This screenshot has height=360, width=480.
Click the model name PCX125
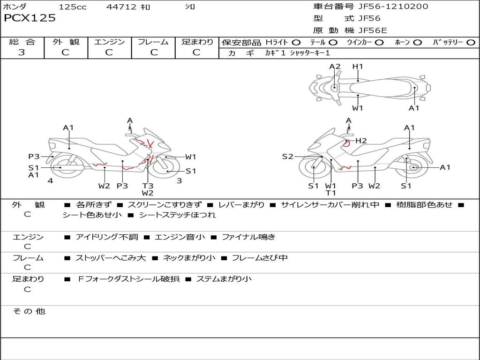pyautogui.click(x=30, y=18)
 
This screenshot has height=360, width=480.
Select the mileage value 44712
pyautogui.click(x=121, y=7)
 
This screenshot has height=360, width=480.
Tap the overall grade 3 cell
pyautogui.click(x=22, y=52)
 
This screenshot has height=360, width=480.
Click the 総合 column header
pyautogui.click(x=22, y=42)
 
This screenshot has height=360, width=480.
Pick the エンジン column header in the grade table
pyautogui.click(x=109, y=42)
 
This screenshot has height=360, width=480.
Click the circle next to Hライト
pyautogui.click(x=296, y=42)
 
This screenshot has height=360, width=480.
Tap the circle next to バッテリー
pyautogui.click(x=471, y=42)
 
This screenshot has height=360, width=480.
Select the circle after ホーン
pyautogui.click(x=418, y=42)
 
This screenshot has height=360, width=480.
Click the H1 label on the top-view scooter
pyautogui.click(x=358, y=67)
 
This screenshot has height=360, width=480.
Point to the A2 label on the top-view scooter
pyautogui.click(x=335, y=67)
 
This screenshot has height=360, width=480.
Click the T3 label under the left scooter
pyautogui.click(x=148, y=186)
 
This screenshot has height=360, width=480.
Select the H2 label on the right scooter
pyautogui.click(x=361, y=141)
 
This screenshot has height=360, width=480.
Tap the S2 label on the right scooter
pyautogui.click(x=287, y=157)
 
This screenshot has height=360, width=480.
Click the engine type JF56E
pyautogui.click(x=373, y=30)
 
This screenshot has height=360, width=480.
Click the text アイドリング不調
pyautogui.click(x=107, y=237)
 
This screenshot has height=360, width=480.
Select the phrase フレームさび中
pyautogui.click(x=260, y=258)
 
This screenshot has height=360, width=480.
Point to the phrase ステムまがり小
pyautogui.click(x=224, y=279)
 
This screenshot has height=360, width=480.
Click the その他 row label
pyautogui.click(x=29, y=311)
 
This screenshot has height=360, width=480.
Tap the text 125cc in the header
pyautogui.click(x=73, y=7)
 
